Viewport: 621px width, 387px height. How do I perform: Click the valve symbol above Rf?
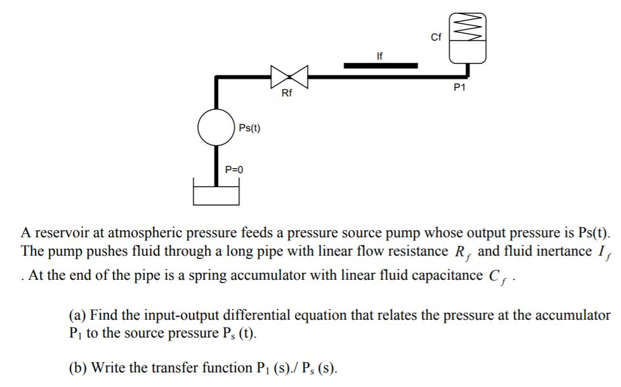click(x=289, y=76)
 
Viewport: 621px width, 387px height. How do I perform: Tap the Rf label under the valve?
click(x=287, y=94)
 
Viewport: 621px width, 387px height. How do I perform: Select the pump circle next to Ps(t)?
click(x=216, y=128)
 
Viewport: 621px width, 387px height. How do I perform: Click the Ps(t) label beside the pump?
click(x=249, y=128)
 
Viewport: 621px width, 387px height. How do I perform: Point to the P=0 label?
click(x=234, y=169)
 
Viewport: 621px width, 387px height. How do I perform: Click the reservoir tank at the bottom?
click(x=216, y=194)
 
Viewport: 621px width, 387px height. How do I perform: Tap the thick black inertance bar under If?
click(x=381, y=65)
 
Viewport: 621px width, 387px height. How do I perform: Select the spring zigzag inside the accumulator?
click(x=467, y=26)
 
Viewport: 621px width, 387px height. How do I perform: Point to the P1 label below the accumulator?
click(x=460, y=88)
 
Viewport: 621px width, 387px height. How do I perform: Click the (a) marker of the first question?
click(x=77, y=315)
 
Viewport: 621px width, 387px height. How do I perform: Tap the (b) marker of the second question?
click(x=77, y=367)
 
